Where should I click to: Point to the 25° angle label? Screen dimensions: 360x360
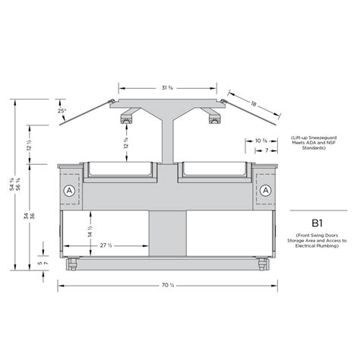click(x=61, y=112)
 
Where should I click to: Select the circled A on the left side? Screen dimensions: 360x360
click(x=71, y=189)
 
